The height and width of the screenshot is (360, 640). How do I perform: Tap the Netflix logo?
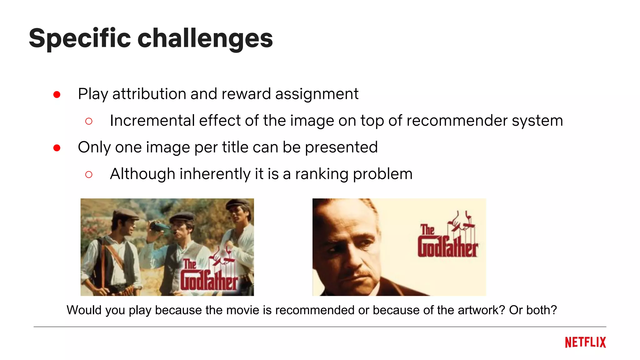point(585,342)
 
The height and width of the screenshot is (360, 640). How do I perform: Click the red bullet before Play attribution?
point(57,94)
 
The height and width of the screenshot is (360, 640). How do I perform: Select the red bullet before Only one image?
point(57,148)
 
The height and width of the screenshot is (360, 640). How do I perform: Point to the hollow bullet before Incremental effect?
point(89,121)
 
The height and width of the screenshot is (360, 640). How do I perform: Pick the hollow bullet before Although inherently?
point(89,174)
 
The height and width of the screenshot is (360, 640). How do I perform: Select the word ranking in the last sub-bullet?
point(322,174)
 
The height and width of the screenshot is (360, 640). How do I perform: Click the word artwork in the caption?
point(481,310)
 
